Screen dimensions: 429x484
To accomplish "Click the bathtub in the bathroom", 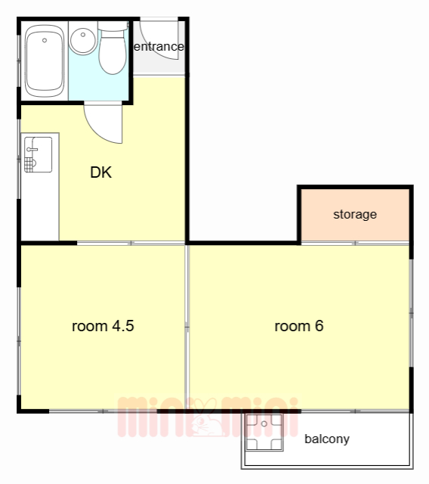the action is (45, 61).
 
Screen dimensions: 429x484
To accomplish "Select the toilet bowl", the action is (113, 52).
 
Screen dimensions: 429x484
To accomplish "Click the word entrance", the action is (159, 47).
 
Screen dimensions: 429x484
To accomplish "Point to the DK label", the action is (100, 172).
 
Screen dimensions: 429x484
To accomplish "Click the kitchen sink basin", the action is (39, 154).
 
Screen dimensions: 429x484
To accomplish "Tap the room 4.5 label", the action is (103, 326).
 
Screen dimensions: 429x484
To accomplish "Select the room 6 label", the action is (299, 326).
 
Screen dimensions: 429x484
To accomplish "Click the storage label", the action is (355, 214).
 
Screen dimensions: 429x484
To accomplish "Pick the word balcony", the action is (327, 439).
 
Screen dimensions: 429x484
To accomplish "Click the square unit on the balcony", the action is (264, 432).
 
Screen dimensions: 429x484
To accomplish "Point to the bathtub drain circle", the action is (45, 40).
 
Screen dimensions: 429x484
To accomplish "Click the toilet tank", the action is (113, 26).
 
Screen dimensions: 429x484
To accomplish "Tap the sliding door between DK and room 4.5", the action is (131, 243).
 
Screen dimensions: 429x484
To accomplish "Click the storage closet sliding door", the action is (355, 243).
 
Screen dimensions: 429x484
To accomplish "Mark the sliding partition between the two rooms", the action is (187, 327).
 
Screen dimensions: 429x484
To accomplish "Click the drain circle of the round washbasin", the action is (83, 35).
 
